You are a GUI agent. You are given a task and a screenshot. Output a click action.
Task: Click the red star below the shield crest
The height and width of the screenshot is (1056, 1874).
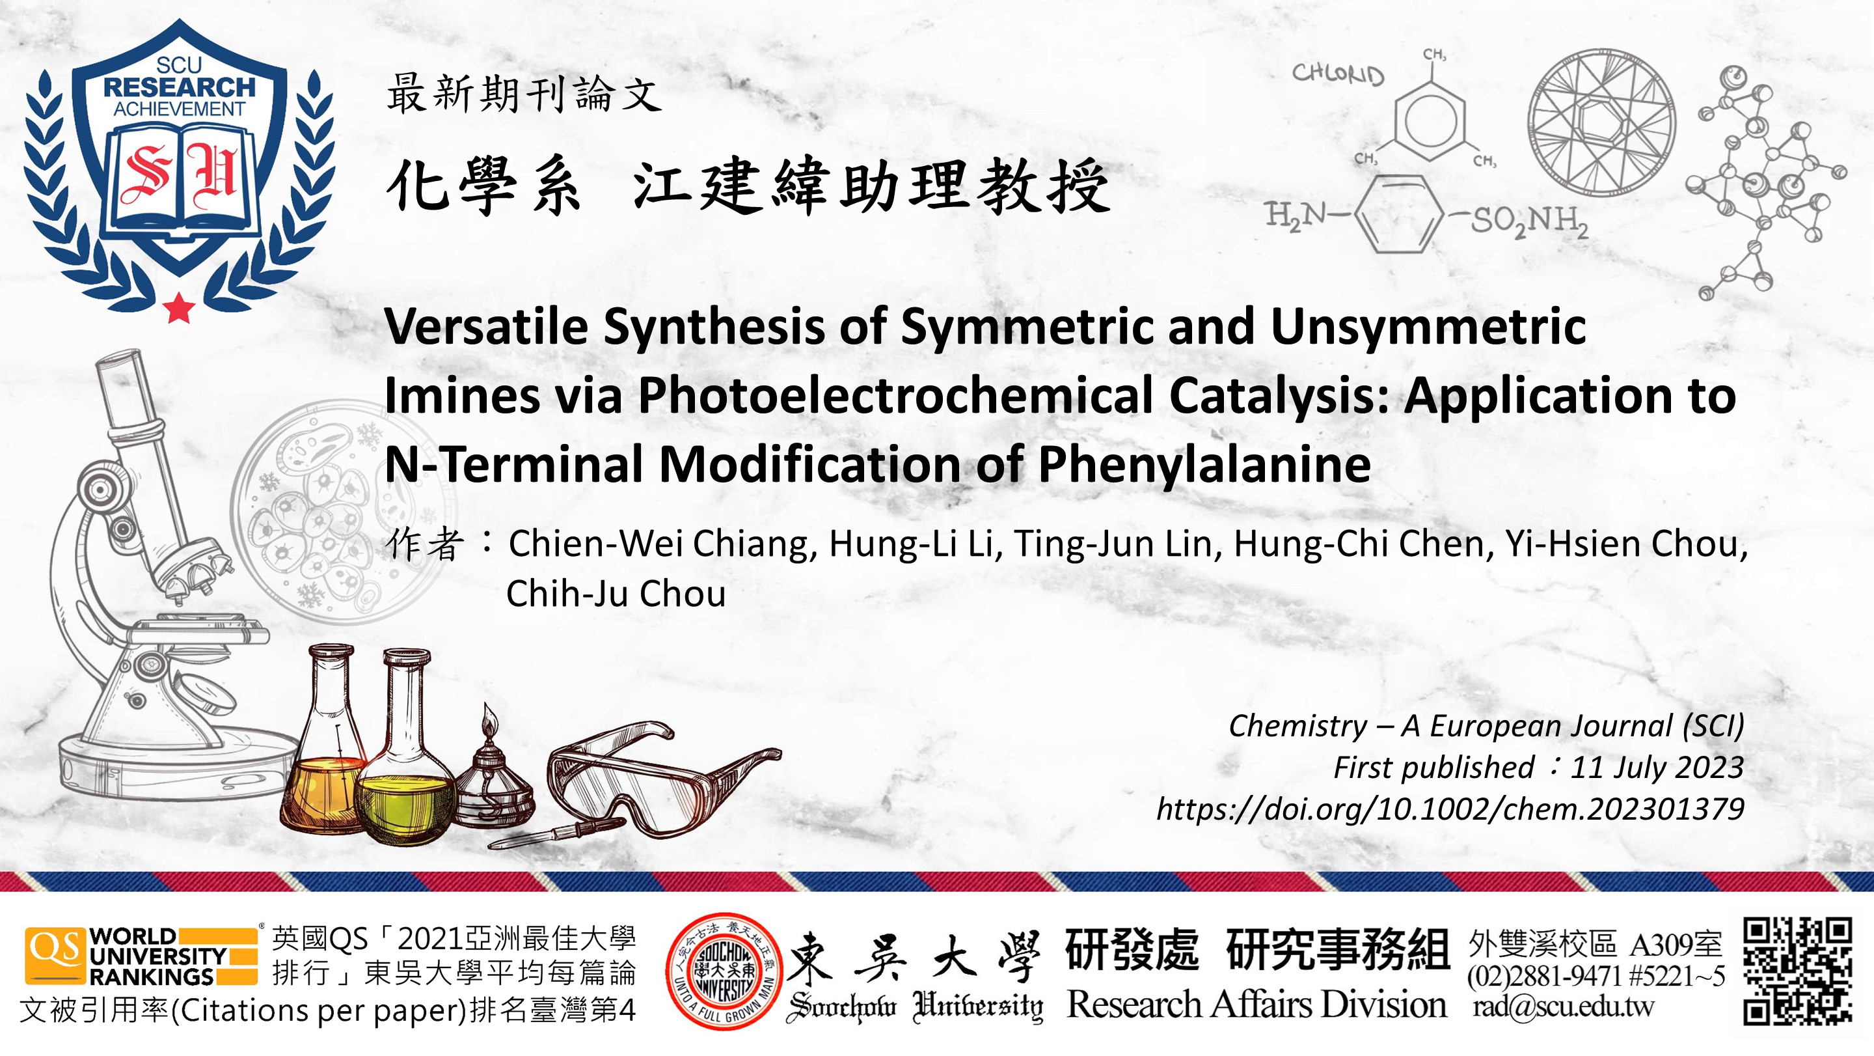point(179,308)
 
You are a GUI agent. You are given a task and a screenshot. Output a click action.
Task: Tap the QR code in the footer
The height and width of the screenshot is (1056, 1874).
point(1797,971)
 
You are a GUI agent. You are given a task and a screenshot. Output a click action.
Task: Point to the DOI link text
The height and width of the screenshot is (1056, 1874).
point(1450,809)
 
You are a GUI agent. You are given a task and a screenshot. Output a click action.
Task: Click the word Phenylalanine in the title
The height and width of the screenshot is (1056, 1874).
point(1204,464)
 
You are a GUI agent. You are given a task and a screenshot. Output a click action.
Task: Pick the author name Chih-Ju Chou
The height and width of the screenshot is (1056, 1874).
point(616,594)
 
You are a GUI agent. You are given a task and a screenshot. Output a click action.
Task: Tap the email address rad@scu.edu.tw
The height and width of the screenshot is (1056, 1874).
point(1562,1007)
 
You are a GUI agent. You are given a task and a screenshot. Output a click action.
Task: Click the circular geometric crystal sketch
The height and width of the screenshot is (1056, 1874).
point(1601,122)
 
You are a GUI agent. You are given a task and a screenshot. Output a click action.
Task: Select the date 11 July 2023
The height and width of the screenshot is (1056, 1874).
point(1657,768)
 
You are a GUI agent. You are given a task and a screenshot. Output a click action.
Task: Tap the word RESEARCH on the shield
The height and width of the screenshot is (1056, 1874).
point(179,87)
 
